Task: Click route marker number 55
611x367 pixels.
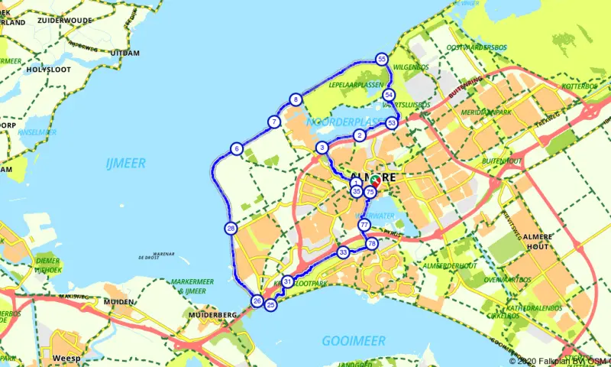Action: click(x=382, y=59)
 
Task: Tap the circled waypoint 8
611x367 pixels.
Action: click(x=296, y=99)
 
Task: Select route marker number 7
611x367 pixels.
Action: click(x=273, y=122)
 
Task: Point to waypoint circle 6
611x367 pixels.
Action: click(x=237, y=148)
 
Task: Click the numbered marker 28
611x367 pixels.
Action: click(x=231, y=227)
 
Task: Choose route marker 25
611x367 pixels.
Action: click(x=270, y=304)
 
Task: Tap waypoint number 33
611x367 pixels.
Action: click(x=343, y=252)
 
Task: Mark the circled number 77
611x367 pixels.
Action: click(x=364, y=225)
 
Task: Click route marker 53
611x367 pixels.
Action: click(x=392, y=122)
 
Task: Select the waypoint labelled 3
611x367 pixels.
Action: click(x=323, y=148)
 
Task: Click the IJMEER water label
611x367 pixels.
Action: click(x=126, y=163)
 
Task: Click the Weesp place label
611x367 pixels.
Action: click(x=66, y=358)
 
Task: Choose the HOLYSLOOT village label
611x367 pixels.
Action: click(x=49, y=70)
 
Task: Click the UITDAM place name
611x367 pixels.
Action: click(x=125, y=53)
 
